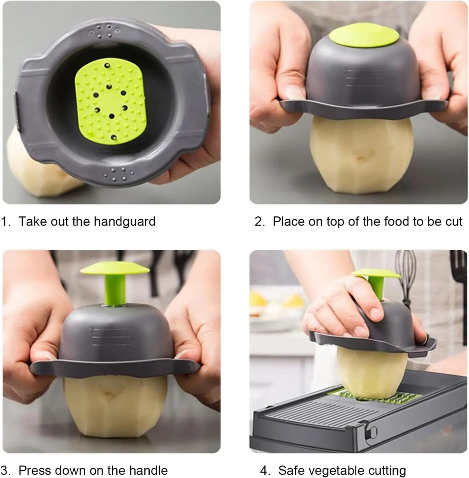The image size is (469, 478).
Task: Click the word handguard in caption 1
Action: tap(124, 222)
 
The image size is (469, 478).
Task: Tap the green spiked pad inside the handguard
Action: tap(110, 100)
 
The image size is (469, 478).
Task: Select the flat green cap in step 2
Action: tap(364, 35)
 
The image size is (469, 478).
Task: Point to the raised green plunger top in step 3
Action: tap(115, 268)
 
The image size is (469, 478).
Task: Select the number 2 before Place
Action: tap(259, 222)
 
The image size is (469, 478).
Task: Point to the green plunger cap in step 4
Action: tap(376, 273)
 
